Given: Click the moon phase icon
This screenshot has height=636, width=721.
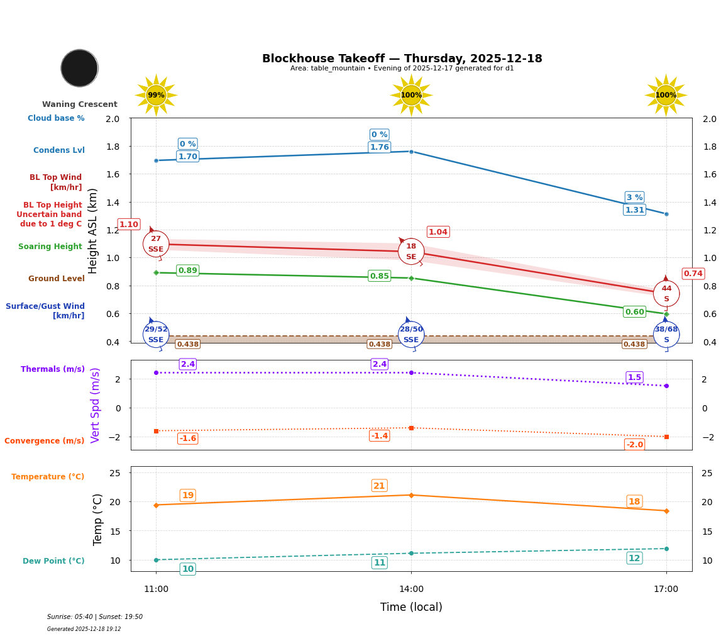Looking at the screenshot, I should tap(79, 68).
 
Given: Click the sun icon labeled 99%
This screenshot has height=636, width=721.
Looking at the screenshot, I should tap(156, 96).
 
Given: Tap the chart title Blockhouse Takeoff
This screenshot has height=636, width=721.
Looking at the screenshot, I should tap(402, 59).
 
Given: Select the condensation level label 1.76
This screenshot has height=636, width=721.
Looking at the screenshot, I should tap(379, 147).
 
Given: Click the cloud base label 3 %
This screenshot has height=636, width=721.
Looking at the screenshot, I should tap(634, 198).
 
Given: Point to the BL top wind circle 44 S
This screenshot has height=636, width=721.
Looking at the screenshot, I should tap(666, 294).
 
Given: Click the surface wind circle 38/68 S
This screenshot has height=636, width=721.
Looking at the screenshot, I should tap(666, 335).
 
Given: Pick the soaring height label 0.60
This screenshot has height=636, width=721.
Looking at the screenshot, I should tap(634, 312).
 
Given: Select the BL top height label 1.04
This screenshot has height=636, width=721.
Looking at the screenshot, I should tap(438, 232).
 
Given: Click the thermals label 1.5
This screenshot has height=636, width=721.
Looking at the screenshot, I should tap(634, 377).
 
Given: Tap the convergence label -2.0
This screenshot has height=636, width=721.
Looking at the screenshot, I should tap(634, 445).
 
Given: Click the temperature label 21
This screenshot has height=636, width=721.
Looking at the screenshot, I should tap(379, 486).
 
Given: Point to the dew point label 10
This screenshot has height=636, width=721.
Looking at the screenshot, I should tap(187, 569).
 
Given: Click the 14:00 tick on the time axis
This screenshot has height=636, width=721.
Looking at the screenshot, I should tap(411, 589).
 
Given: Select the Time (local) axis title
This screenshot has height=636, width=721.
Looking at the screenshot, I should tap(411, 607).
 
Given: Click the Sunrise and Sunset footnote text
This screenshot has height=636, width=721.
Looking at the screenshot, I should tap(95, 617).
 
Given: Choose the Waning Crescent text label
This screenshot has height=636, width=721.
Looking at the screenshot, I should tap(80, 104).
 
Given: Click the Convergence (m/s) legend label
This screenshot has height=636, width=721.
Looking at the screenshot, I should tap(45, 441).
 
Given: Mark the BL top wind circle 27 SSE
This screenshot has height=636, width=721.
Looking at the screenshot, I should tap(156, 244).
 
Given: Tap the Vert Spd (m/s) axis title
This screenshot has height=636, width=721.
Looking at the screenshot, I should tap(96, 405).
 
